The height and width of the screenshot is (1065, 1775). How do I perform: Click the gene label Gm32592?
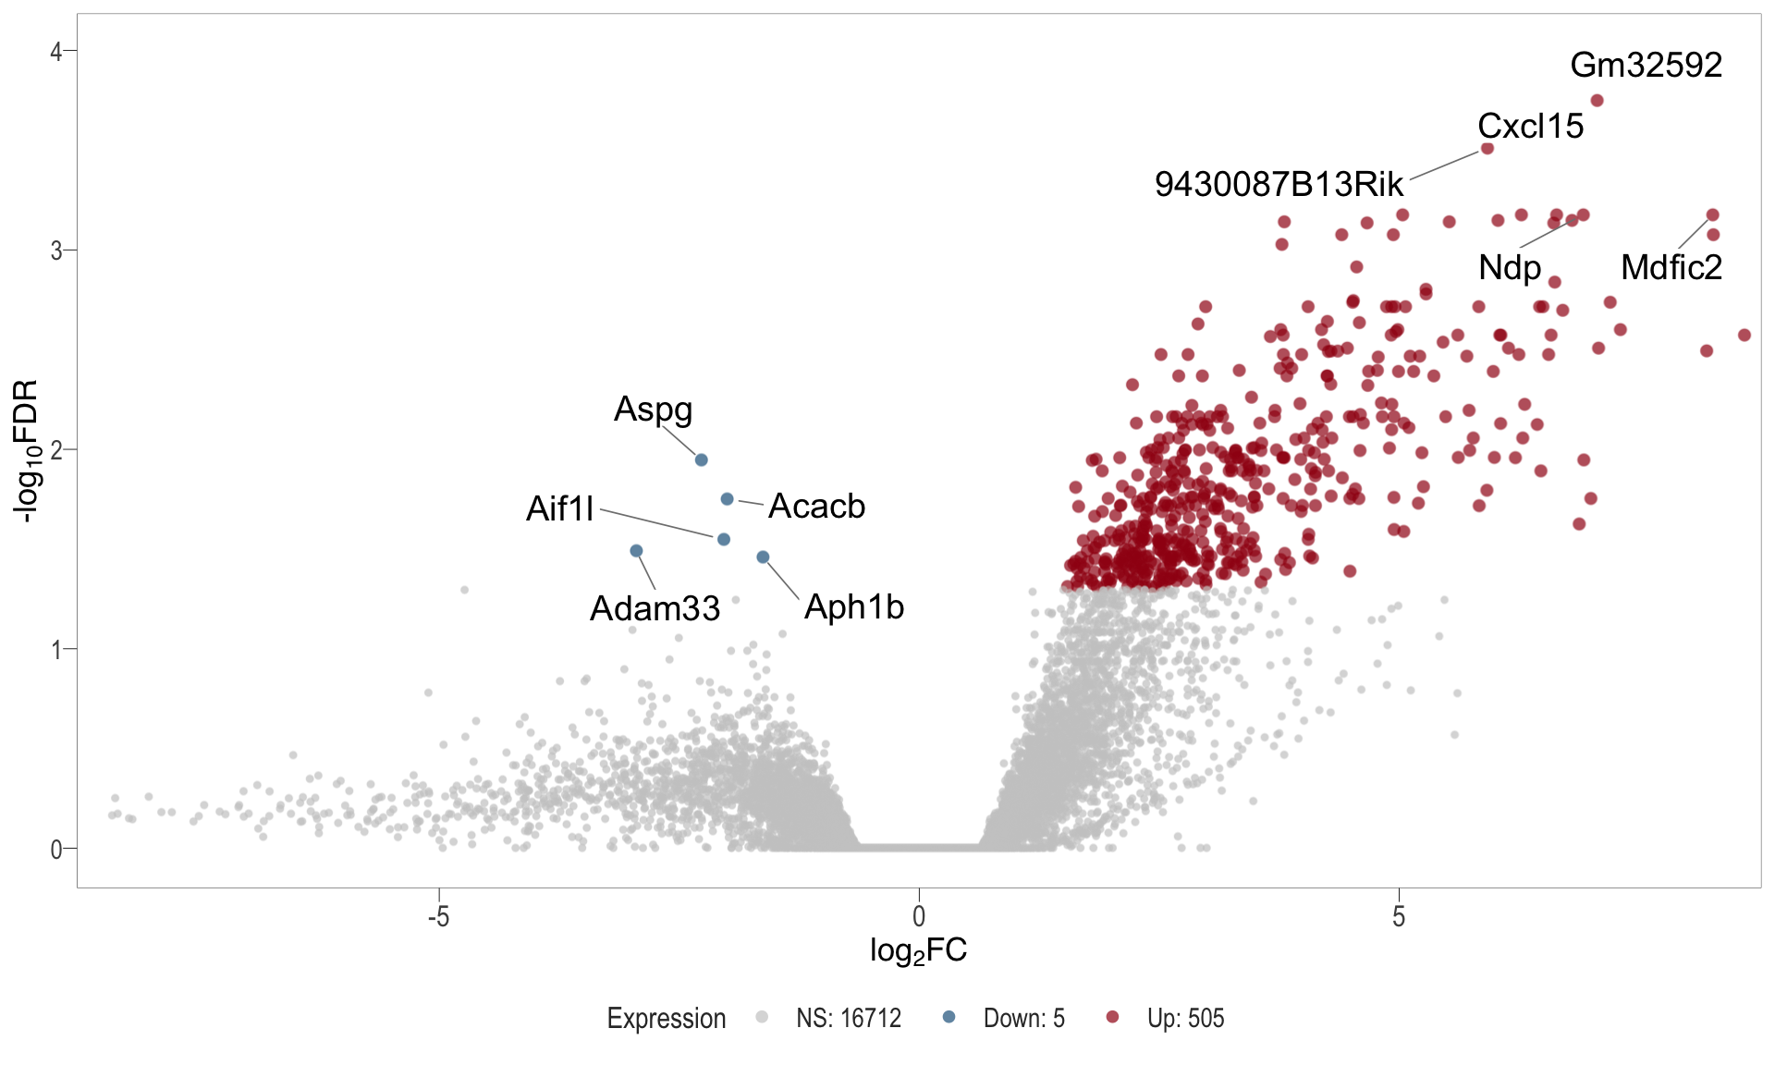(x=1646, y=65)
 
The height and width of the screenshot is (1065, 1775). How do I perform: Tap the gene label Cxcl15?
(x=1530, y=126)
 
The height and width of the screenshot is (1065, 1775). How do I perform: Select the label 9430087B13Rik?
(x=1279, y=184)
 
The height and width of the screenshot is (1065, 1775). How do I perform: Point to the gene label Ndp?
(x=1510, y=267)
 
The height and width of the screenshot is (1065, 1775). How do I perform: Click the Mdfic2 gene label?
(x=1671, y=267)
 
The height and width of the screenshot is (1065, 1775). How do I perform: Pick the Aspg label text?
(x=653, y=409)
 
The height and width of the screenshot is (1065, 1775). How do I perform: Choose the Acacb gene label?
(x=816, y=506)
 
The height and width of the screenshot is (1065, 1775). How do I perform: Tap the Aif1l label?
(x=559, y=508)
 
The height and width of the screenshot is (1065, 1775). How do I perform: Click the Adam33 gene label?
(x=655, y=608)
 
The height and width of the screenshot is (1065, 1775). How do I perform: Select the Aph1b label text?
(x=853, y=606)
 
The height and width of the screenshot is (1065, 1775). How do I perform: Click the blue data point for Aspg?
(x=701, y=459)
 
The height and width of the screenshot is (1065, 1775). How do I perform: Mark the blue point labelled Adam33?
(x=636, y=551)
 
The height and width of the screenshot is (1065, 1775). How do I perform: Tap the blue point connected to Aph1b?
(x=763, y=557)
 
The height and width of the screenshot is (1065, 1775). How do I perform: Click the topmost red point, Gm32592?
(x=1597, y=101)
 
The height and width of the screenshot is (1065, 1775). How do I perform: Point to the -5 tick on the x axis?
(x=438, y=916)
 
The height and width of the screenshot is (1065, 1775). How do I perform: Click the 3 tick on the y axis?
(x=56, y=251)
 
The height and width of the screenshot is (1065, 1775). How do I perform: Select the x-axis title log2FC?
(x=918, y=950)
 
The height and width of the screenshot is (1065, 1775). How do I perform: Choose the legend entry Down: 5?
(x=1022, y=1018)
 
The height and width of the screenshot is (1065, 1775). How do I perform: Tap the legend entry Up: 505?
(x=1184, y=1018)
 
